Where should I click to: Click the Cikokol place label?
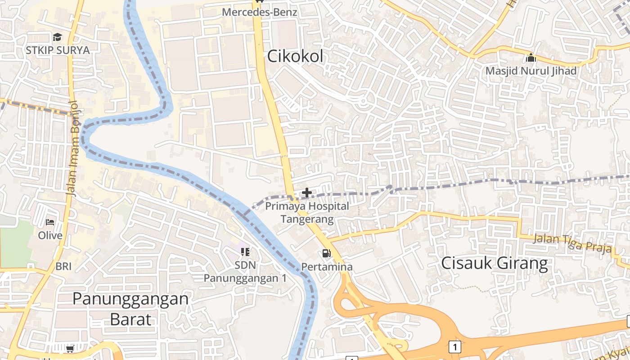pyautogui.click(x=295, y=57)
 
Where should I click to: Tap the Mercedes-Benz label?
pyautogui.click(x=260, y=12)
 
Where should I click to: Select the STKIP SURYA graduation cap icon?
pyautogui.click(x=57, y=37)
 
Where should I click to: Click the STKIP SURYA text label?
pyautogui.click(x=58, y=50)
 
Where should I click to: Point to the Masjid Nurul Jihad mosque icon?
pyautogui.click(x=531, y=58)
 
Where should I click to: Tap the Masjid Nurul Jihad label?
pyautogui.click(x=531, y=71)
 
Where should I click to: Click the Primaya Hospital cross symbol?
pyautogui.click(x=307, y=193)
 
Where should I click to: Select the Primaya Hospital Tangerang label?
pyautogui.click(x=307, y=213)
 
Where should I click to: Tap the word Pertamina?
pyautogui.click(x=327, y=267)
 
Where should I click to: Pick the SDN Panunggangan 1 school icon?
pyautogui.click(x=245, y=252)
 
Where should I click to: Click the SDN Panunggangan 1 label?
pyautogui.click(x=245, y=272)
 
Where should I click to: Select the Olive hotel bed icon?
pyautogui.click(x=50, y=222)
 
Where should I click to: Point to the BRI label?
pyautogui.click(x=63, y=266)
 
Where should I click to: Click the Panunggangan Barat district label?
pyautogui.click(x=130, y=309)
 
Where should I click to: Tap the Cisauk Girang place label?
pyautogui.click(x=495, y=263)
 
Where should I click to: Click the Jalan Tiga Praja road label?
pyautogui.click(x=572, y=243)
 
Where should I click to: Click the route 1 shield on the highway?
pyautogui.click(x=455, y=347)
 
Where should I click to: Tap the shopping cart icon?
pyautogui.click(x=70, y=349)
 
